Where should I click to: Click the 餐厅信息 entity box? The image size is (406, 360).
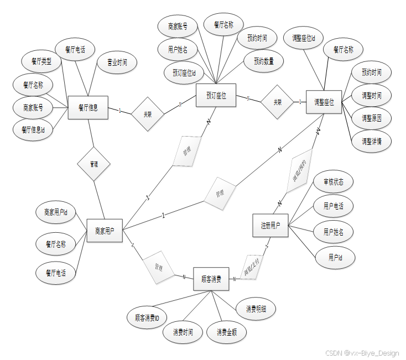click(x=88, y=108)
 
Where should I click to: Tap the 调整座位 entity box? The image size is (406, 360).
click(x=324, y=102)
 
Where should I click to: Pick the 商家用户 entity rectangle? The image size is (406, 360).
click(x=105, y=230)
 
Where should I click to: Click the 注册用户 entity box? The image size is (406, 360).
click(x=270, y=226)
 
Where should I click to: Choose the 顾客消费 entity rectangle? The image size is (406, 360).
click(x=211, y=279)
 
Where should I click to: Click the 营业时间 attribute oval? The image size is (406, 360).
click(x=117, y=63)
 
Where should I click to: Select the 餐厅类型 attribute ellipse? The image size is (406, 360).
click(x=41, y=61)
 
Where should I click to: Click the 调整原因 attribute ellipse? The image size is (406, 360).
click(x=371, y=118)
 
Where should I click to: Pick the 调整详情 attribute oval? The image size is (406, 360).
click(x=371, y=140)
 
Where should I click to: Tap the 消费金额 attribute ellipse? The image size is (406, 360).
click(x=227, y=332)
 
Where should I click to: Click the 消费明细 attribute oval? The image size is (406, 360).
click(x=256, y=309)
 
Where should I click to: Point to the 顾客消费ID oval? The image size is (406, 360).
click(x=147, y=318)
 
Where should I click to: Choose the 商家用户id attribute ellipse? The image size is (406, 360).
click(x=56, y=212)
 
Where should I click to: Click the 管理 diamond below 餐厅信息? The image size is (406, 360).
click(x=93, y=164)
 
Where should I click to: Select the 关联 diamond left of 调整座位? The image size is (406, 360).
click(x=277, y=102)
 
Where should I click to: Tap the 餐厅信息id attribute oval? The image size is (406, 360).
click(x=33, y=130)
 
